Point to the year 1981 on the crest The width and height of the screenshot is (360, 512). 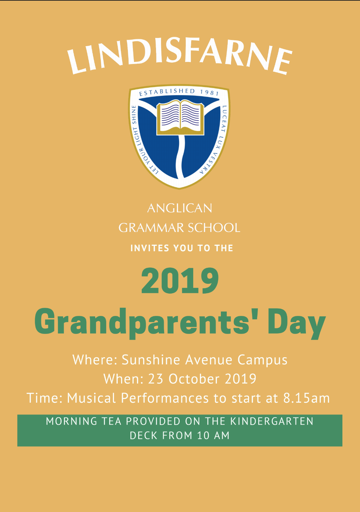click(x=209, y=92)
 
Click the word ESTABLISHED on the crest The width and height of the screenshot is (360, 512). click(x=167, y=92)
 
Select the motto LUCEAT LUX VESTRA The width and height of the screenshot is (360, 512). click(x=218, y=140)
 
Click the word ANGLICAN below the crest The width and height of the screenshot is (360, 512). click(x=180, y=208)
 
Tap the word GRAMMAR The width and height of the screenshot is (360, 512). click(x=151, y=228)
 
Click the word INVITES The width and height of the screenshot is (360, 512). click(x=150, y=248)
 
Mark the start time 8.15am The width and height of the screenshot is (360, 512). click(x=307, y=398)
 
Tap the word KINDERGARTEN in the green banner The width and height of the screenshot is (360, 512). click(x=272, y=421)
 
